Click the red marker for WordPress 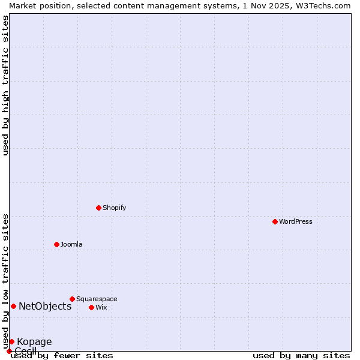(275, 221)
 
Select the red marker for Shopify (98, 208)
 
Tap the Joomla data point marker (56, 244)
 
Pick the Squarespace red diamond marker (72, 299)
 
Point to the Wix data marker (91, 307)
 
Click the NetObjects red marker (13, 306)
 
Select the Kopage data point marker (11, 341)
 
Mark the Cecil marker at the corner (9, 351)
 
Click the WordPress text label (296, 221)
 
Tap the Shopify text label (114, 208)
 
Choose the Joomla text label (71, 244)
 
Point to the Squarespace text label (97, 299)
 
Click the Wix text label (101, 307)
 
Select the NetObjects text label (45, 306)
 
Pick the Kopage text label (34, 341)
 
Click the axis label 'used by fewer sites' (62, 355)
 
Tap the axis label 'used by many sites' (301, 355)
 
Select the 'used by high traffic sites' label (5, 85)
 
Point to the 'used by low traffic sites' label (5, 281)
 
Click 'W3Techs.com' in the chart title (322, 5)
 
